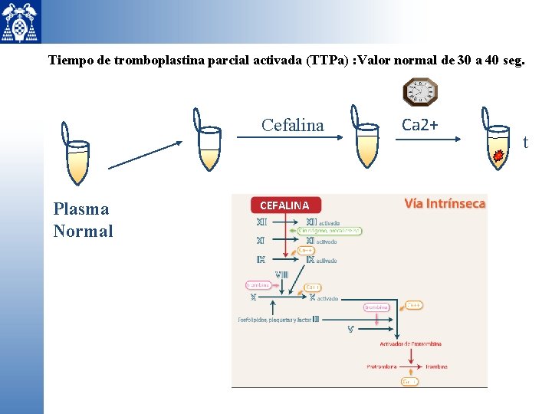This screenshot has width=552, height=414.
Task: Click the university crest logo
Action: pyautogui.click(x=21, y=21)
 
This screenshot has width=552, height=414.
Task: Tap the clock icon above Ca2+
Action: pyautogui.click(x=420, y=92)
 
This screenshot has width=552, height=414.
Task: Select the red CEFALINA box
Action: pyautogui.click(x=284, y=205)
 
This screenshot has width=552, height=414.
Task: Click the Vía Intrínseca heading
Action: pyautogui.click(x=445, y=203)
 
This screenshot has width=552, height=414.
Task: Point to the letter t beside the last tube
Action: pyautogui.click(x=525, y=142)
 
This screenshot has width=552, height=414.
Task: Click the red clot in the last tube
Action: pyautogui.click(x=498, y=156)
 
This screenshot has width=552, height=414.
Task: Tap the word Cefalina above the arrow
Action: pyautogui.click(x=292, y=125)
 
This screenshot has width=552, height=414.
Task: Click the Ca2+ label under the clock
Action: pyautogui.click(x=420, y=124)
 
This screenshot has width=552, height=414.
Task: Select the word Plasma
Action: pyautogui.click(x=81, y=209)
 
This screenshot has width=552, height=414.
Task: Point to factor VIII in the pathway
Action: pyautogui.click(x=281, y=274)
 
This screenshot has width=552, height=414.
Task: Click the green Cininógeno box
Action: pyautogui.click(x=330, y=231)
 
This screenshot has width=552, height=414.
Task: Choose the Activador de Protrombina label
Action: pyautogui.click(x=413, y=343)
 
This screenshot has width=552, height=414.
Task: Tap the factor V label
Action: pyautogui.click(x=350, y=330)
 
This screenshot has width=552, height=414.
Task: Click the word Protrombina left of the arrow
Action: pyautogui.click(x=381, y=366)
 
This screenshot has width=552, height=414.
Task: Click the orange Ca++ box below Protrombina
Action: pyautogui.click(x=410, y=381)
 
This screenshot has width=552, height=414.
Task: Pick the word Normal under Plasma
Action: pyautogui.click(x=83, y=231)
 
